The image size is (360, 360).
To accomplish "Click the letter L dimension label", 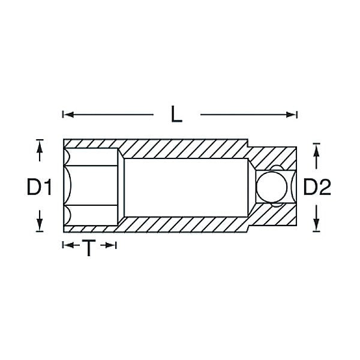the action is tap(176, 114).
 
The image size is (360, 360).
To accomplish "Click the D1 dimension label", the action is tap(39, 187).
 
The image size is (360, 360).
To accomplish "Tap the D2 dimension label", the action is tap(317, 187).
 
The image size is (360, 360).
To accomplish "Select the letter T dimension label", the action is tap(89, 248).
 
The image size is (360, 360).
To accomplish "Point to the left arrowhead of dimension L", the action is tap(68, 115).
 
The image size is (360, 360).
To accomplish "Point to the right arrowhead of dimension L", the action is tap(291, 115).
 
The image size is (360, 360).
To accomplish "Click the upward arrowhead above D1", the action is tap(40, 146).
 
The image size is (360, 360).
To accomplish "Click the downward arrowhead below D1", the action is tap(40, 225).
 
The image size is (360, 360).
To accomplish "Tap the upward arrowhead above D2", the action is tap(317, 150).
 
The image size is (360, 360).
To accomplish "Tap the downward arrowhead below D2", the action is tap(317, 225).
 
